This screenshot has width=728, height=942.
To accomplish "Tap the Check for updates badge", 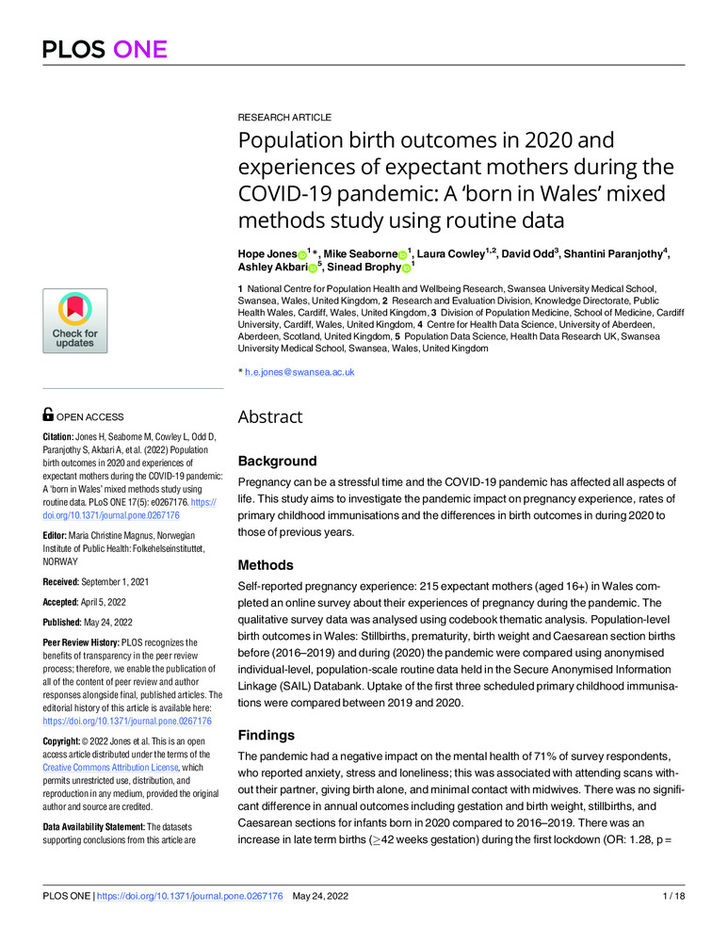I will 74,320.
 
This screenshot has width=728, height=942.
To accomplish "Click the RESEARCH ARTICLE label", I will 283,118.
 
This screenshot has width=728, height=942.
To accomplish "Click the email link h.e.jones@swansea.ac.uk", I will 299,372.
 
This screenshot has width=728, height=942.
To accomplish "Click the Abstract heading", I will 270,417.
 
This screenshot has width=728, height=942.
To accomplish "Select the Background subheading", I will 277,462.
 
